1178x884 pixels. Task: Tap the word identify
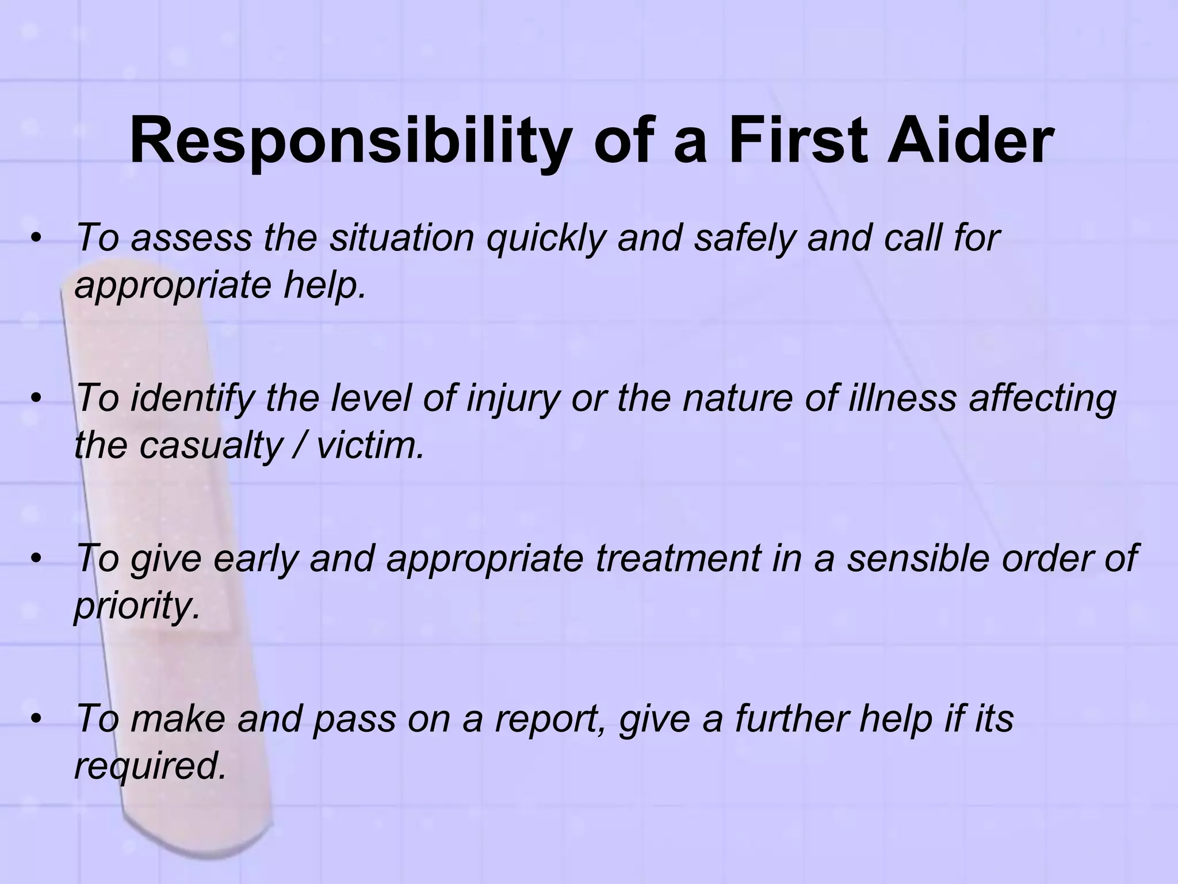[x=193, y=398]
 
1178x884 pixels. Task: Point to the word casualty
[x=209, y=445]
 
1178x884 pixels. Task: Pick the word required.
[x=150, y=767]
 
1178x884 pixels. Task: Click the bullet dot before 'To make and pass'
[x=37, y=719]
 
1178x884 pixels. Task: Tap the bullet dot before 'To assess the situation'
[x=37, y=238]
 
